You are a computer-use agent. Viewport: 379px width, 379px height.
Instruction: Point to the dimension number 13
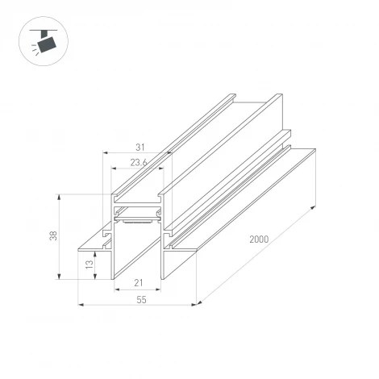[x=88, y=263]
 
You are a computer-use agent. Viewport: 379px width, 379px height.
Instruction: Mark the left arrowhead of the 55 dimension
[x=81, y=305]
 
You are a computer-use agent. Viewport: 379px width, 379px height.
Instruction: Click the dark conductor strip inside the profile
[x=140, y=217]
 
